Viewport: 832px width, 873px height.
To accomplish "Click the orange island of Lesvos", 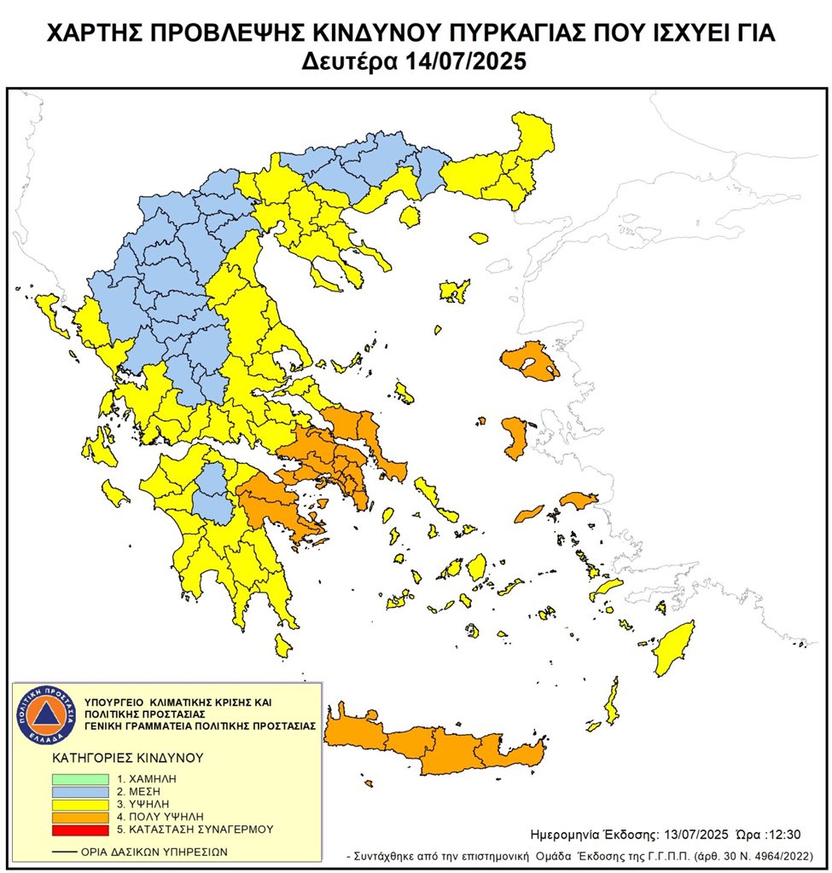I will (529, 361).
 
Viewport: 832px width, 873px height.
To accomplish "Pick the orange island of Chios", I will (515, 438).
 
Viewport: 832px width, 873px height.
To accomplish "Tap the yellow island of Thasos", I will (410, 217).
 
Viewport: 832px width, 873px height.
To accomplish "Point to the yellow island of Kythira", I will (283, 645).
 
